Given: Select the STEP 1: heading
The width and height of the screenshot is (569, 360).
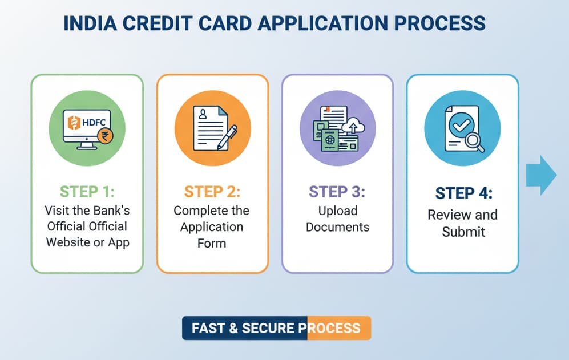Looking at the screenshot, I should click(x=87, y=191).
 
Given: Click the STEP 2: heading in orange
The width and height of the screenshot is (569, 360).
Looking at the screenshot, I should click(x=212, y=191).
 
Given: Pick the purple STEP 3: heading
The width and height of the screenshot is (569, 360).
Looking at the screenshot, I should click(x=337, y=191).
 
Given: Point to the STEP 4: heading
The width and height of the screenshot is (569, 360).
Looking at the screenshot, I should click(x=463, y=193).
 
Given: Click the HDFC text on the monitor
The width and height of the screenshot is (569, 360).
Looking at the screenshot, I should click(x=93, y=122).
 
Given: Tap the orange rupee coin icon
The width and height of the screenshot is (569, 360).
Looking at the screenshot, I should click(x=105, y=136).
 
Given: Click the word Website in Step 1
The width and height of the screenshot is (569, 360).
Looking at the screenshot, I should click(x=68, y=242).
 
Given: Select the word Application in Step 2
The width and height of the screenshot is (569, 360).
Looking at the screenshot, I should click(x=212, y=226).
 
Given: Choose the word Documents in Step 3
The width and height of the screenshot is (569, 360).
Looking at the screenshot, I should click(x=337, y=226).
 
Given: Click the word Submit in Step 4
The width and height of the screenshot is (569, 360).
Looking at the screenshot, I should click(x=463, y=231).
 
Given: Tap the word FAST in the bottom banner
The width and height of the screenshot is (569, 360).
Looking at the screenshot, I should click(x=207, y=329).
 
